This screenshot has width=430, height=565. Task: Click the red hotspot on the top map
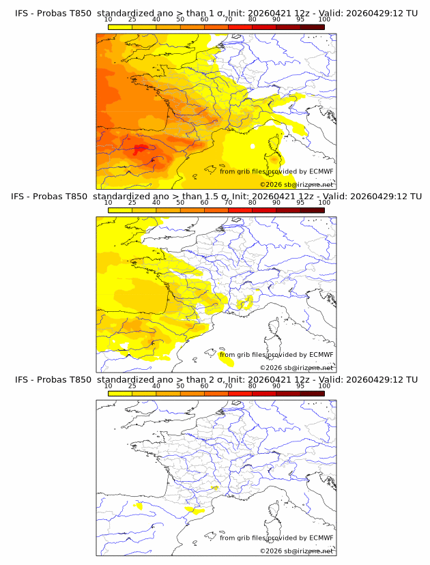click(141, 148)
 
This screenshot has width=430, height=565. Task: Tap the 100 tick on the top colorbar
click(324, 19)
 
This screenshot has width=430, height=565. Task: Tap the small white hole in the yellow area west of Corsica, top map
click(253, 146)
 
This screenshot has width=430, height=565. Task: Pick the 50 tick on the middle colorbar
click(180, 203)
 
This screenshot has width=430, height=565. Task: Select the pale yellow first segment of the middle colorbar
click(119, 210)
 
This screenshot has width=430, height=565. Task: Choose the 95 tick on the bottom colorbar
click(300, 386)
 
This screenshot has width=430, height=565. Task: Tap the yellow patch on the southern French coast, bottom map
click(196, 509)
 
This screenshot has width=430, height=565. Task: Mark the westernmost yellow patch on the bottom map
click(139, 506)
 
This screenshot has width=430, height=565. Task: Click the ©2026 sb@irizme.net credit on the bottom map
click(296, 551)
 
